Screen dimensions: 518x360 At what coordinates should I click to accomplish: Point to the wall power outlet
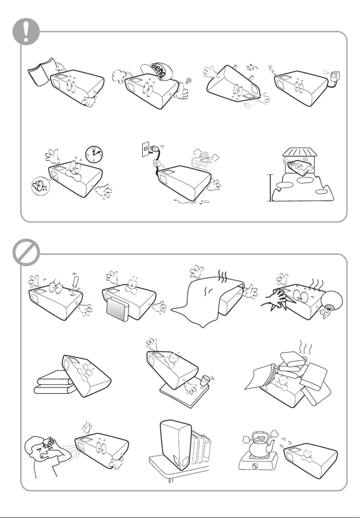[145, 149]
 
